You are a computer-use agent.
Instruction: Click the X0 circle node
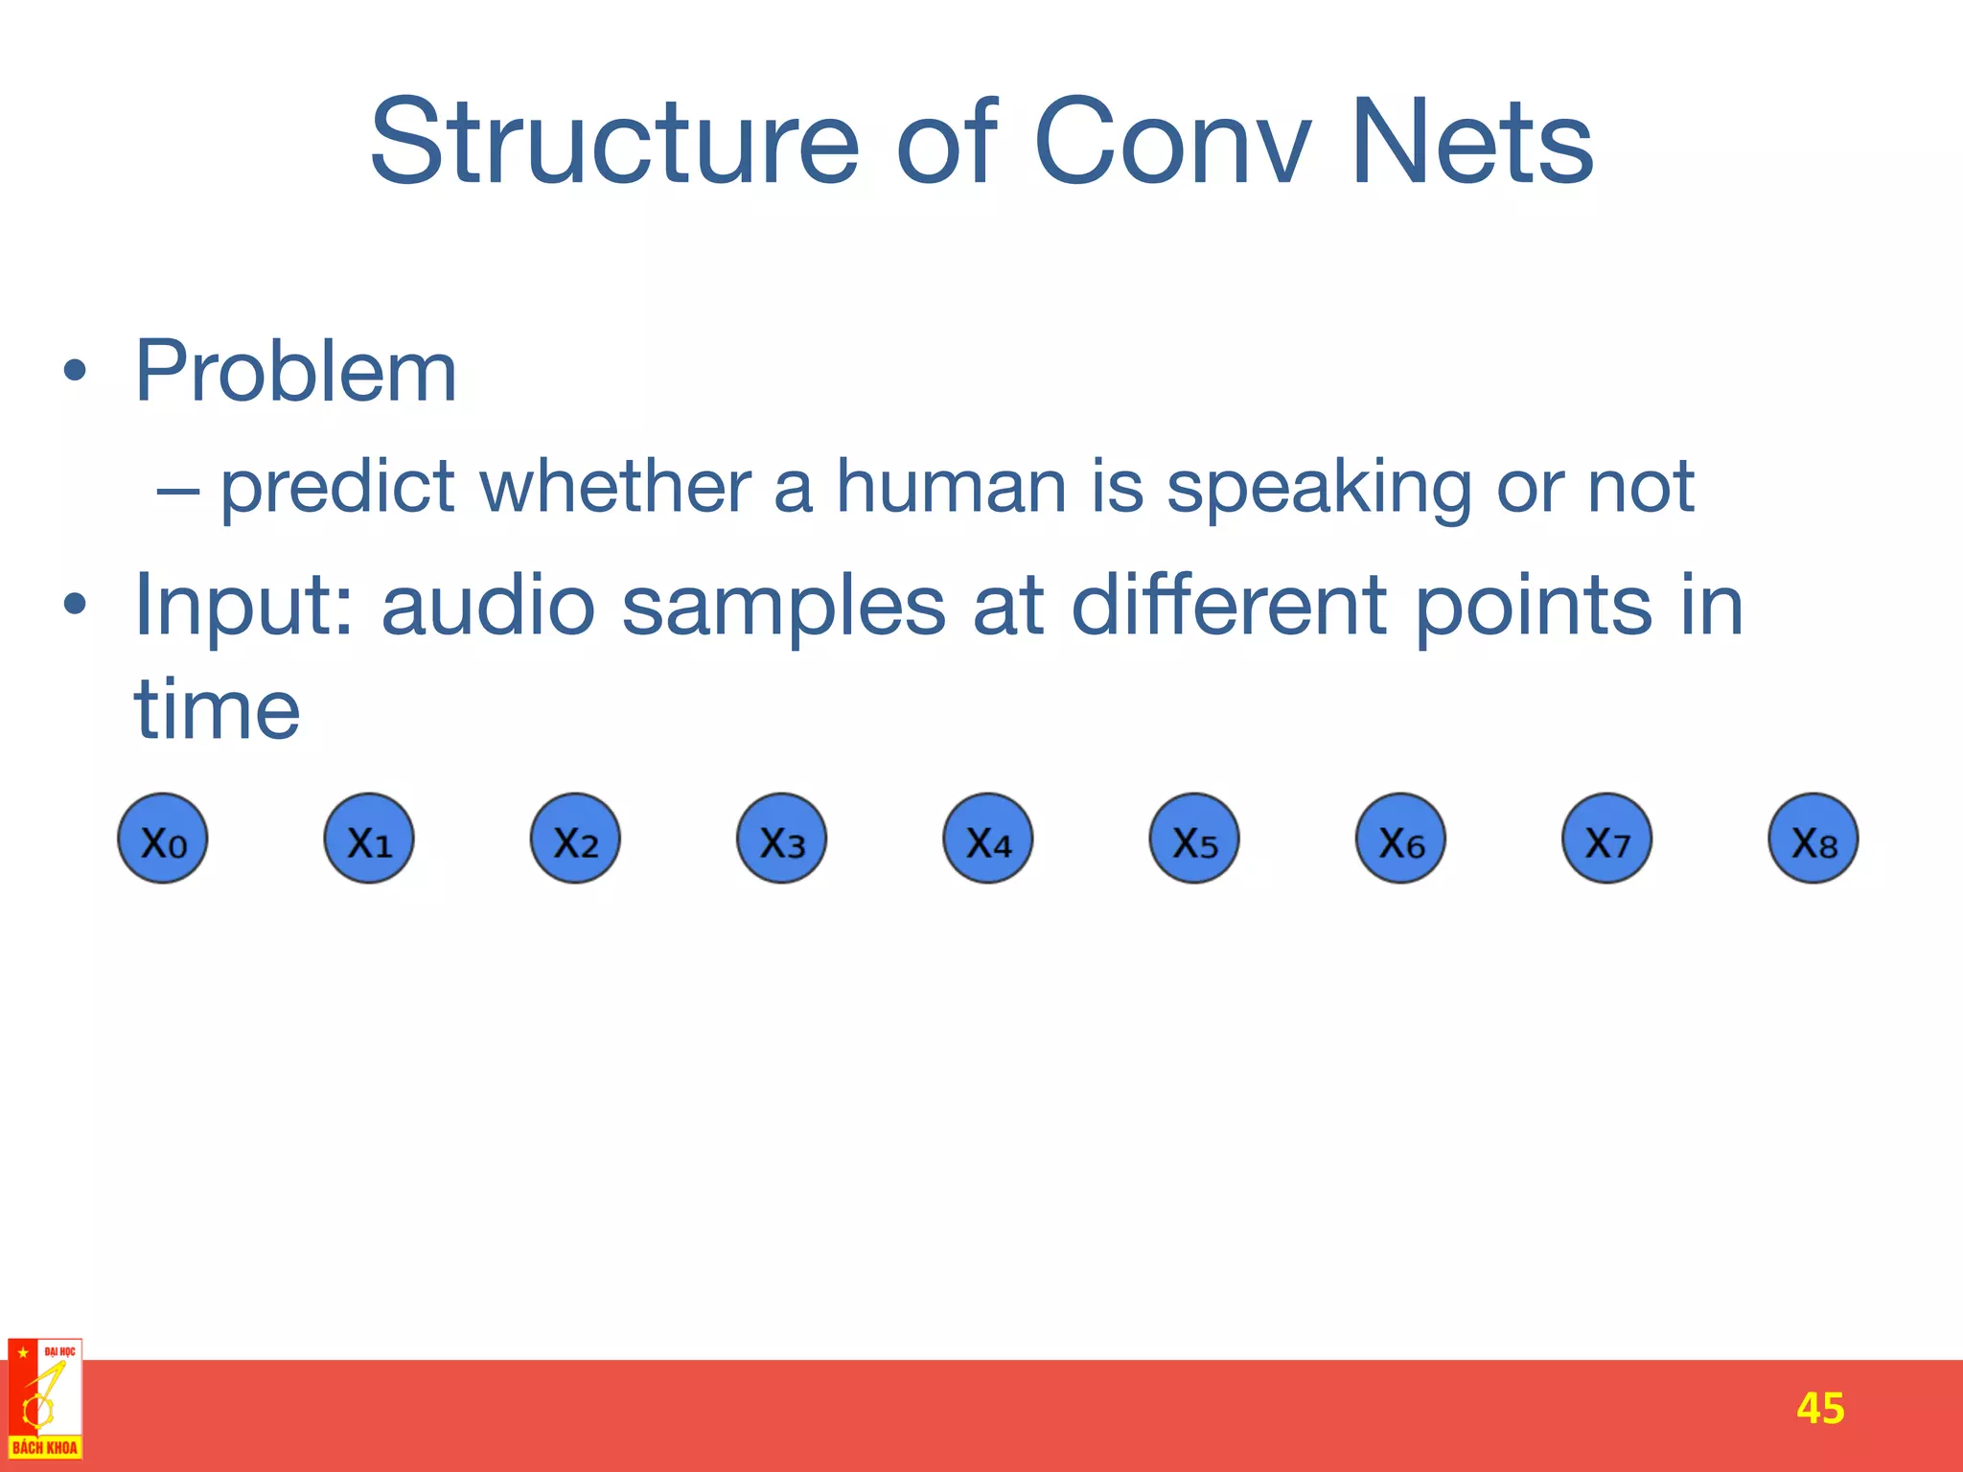[163, 839]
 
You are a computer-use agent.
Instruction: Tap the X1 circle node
[369, 839]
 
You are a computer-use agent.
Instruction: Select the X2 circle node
[575, 839]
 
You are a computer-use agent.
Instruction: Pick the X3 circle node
[781, 839]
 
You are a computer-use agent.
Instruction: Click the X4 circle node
[988, 839]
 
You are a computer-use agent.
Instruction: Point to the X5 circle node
[1194, 839]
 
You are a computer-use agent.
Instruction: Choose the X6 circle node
[1400, 839]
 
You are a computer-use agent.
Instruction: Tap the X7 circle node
[1607, 839]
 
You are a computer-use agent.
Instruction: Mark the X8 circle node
[1813, 839]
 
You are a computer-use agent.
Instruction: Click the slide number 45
[1820, 1408]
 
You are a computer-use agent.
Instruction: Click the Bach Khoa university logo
[45, 1398]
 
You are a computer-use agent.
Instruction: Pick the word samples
[783, 608]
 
